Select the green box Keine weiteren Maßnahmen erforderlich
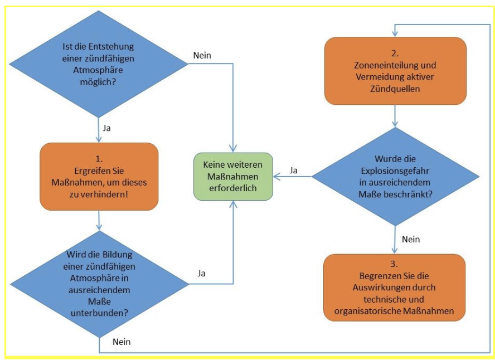pyautogui.click(x=233, y=176)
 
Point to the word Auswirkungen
pyautogui.click(x=384, y=288)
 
